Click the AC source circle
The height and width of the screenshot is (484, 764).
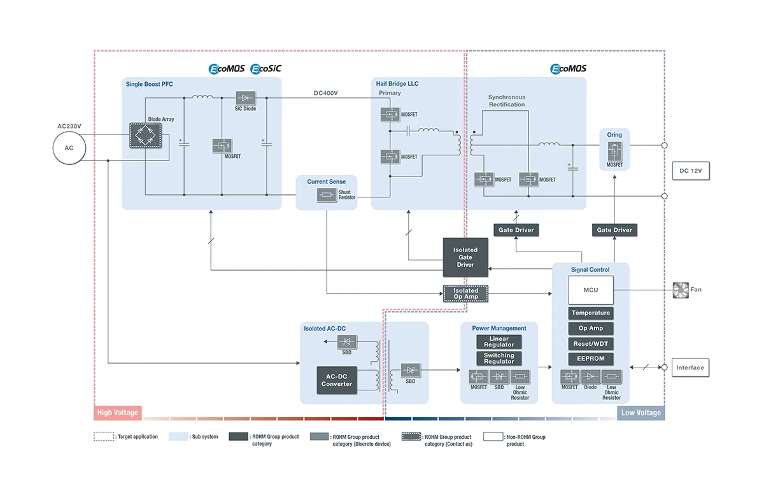coord(69,148)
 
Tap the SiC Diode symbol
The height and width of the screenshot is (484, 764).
coord(246,98)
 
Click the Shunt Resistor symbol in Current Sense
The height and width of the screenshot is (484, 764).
coord(327,196)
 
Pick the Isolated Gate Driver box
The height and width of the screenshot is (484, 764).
coord(465,257)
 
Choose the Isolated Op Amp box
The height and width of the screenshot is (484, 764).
coord(465,294)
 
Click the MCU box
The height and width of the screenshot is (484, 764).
coord(591,290)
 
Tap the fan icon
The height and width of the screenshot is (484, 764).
coord(681,290)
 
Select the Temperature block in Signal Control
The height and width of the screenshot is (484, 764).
coord(591,313)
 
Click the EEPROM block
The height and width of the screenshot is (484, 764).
coord(591,359)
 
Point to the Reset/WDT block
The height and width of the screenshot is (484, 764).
coord(591,344)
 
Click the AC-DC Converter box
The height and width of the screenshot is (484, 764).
coord(337,380)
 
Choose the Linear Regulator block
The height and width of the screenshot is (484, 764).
coord(499,342)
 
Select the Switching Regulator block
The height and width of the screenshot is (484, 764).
coord(499,359)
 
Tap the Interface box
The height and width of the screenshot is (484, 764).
coord(690,367)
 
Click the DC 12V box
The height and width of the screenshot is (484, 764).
coord(690,171)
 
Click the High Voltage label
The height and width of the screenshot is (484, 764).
coord(118,413)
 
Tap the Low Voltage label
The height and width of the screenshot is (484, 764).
coord(640,413)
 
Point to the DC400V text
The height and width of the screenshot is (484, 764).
coord(326,94)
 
